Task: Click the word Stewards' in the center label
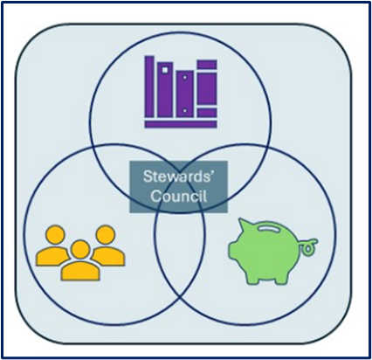click(x=178, y=177)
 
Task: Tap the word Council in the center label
click(x=179, y=196)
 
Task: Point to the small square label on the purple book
click(x=165, y=70)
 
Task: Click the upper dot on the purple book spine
click(x=184, y=78)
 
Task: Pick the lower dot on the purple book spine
click(x=184, y=111)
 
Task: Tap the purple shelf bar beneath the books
click(x=181, y=124)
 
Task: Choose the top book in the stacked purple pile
click(x=207, y=65)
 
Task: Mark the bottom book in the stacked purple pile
click(x=207, y=113)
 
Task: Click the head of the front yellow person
click(x=80, y=250)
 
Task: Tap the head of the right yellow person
click(x=106, y=234)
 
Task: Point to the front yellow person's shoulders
click(x=80, y=271)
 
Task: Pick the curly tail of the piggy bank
click(x=308, y=246)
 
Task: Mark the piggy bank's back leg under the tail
click(x=280, y=278)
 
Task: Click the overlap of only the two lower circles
click(x=180, y=260)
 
